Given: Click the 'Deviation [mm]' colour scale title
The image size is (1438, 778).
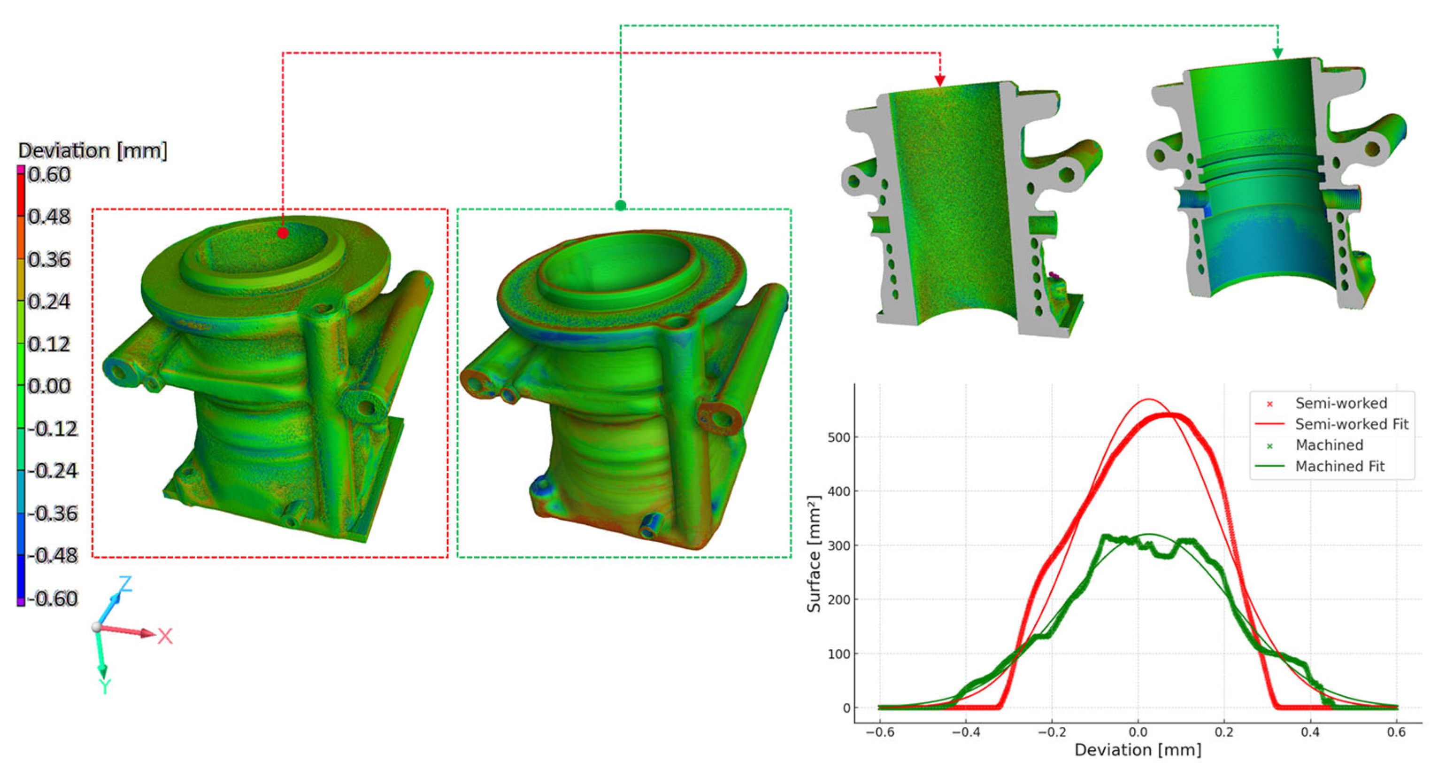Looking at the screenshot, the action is [92, 151].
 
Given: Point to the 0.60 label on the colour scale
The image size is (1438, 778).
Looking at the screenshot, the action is [49, 175].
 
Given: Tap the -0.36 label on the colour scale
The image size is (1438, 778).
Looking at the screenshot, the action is [53, 513].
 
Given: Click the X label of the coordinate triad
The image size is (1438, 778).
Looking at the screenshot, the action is [165, 636].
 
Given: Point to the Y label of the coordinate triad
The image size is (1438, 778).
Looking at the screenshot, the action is [104, 686].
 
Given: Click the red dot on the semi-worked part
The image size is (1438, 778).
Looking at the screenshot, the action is [283, 233].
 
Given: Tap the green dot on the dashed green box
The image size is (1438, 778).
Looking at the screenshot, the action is [620, 205].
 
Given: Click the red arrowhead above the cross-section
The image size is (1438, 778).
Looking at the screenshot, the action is [940, 80].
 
